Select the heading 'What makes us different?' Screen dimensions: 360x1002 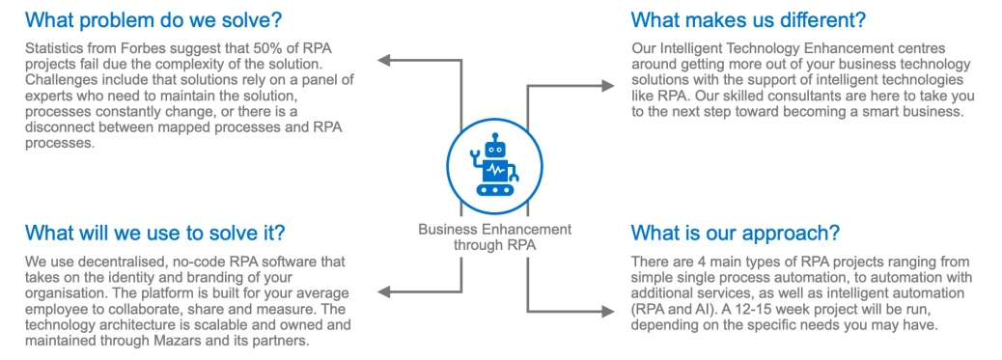click(748, 19)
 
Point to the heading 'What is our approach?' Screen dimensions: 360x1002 click(735, 234)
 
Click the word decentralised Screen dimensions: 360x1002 click(101, 263)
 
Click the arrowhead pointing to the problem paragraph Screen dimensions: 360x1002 click(382, 61)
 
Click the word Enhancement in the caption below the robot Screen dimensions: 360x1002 click(519, 230)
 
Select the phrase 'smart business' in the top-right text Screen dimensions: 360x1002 click(918, 112)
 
